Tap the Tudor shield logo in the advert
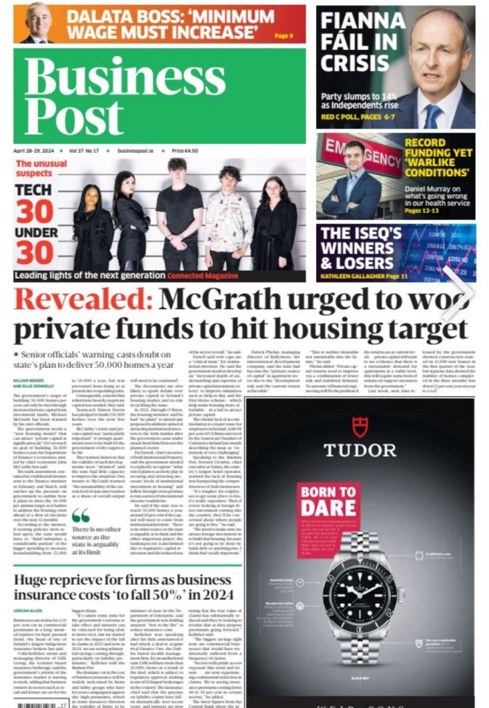point(360,427)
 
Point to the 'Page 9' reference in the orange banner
point(284,36)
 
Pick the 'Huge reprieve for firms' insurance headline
point(123,586)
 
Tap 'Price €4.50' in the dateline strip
point(185,151)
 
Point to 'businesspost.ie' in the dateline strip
point(136,151)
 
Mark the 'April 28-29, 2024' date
point(33,151)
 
